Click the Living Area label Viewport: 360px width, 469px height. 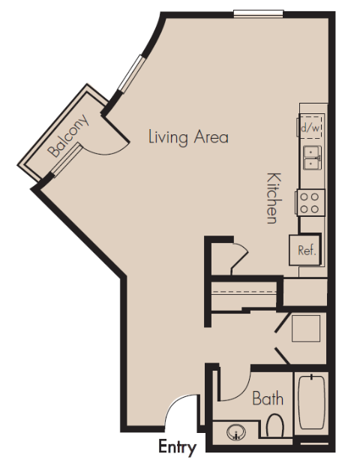click(x=188, y=137)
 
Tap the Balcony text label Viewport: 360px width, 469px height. click(x=69, y=136)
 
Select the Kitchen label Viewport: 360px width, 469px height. click(x=274, y=198)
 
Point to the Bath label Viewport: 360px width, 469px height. click(x=268, y=398)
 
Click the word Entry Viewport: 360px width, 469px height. click(x=177, y=447)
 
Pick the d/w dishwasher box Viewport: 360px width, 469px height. click(x=311, y=126)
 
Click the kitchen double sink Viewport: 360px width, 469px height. click(x=313, y=158)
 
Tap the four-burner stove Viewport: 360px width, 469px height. click(x=310, y=203)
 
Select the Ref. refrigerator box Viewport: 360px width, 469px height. click(x=305, y=249)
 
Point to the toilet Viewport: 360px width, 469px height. click(x=274, y=425)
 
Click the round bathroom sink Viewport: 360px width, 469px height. click(x=236, y=432)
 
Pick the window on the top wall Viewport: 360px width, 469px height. click(x=258, y=14)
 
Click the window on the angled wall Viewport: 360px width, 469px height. click(x=131, y=72)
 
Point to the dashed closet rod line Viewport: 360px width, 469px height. click(x=244, y=291)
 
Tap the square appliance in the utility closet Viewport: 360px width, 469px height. click(x=305, y=329)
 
